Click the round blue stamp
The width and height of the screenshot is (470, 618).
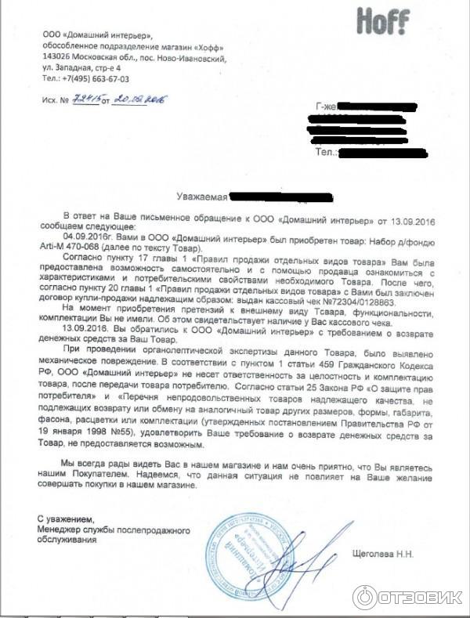click(x=244, y=558)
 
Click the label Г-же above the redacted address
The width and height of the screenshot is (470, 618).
click(x=326, y=107)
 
